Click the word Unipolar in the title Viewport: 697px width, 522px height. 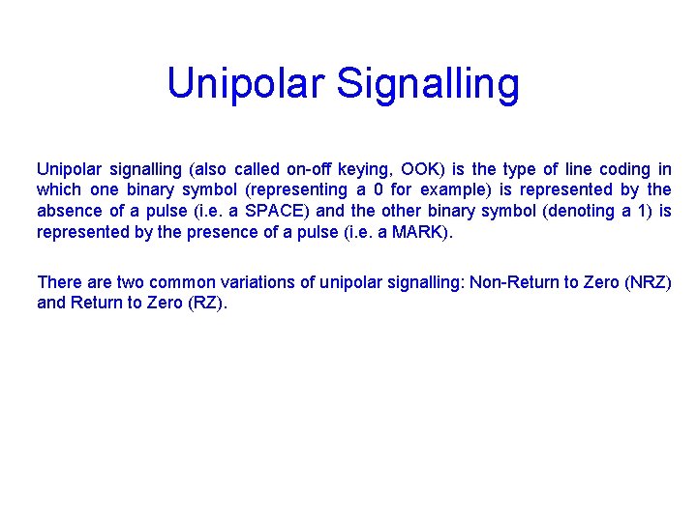[x=246, y=84]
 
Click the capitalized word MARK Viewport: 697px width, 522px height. [x=419, y=232]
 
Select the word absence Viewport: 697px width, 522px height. [x=68, y=211]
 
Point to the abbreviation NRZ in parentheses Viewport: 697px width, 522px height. [x=648, y=282]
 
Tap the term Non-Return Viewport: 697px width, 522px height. [x=514, y=282]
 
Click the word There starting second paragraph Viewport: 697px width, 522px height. [x=57, y=282]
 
